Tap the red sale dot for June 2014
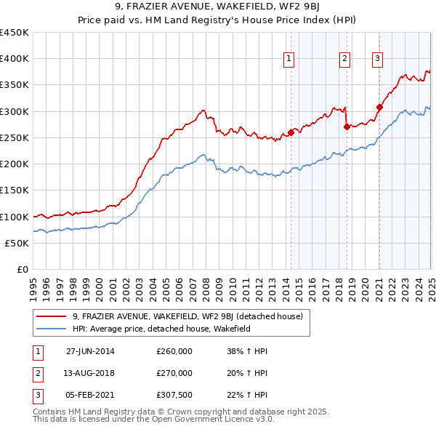point(291,132)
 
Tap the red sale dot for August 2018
point(347,127)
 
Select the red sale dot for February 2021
point(379,107)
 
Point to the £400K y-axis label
point(14,58)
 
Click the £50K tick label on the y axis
point(17,243)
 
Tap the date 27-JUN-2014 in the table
point(90,351)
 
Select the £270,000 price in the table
point(174,373)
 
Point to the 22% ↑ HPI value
point(248,394)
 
